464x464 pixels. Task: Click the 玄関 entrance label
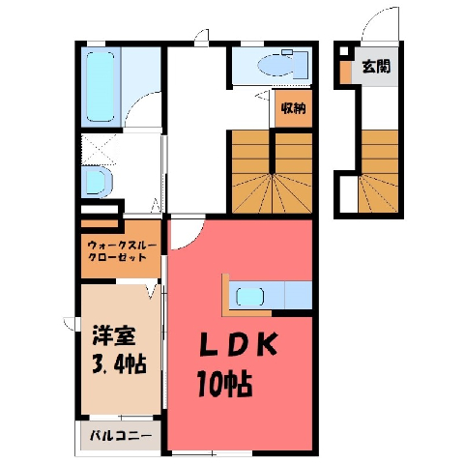tap(376, 67)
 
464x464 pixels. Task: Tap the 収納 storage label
tap(293, 108)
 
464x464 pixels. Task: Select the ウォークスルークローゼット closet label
tap(122, 251)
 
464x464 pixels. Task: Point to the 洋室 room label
tap(113, 335)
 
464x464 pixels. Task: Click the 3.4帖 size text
tap(119, 363)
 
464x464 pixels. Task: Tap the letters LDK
tap(239, 344)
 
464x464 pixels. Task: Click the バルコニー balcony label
tap(121, 436)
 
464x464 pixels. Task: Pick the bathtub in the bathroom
tap(101, 86)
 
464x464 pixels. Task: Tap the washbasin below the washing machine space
tap(97, 182)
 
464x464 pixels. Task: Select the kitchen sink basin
tap(250, 297)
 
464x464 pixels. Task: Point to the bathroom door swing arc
tap(135, 103)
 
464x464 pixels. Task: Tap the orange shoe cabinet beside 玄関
tap(346, 72)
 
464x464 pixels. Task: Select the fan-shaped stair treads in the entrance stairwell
tap(378, 193)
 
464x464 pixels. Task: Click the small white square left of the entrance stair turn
tap(349, 194)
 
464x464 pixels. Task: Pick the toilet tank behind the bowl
tap(302, 65)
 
